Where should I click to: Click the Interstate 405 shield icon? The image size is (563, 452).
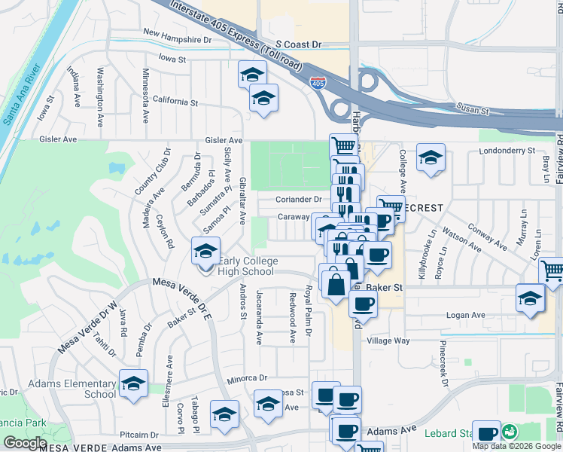coord(318,81)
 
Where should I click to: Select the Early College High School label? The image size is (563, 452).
coord(248,267)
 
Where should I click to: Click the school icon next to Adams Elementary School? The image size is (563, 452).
coord(133,384)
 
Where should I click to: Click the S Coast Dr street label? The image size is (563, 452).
coord(298,45)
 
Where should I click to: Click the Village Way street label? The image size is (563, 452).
coord(388,341)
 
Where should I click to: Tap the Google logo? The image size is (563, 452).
coord(25,443)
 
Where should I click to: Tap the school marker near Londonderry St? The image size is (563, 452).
coord(431,157)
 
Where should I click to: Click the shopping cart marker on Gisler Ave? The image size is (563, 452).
coord(342,145)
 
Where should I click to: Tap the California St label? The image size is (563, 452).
coord(175,101)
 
